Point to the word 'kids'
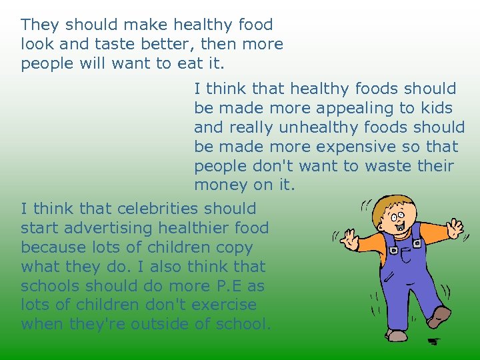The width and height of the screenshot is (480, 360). coord(436,108)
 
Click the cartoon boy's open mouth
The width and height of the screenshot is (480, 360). coord(401,232)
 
